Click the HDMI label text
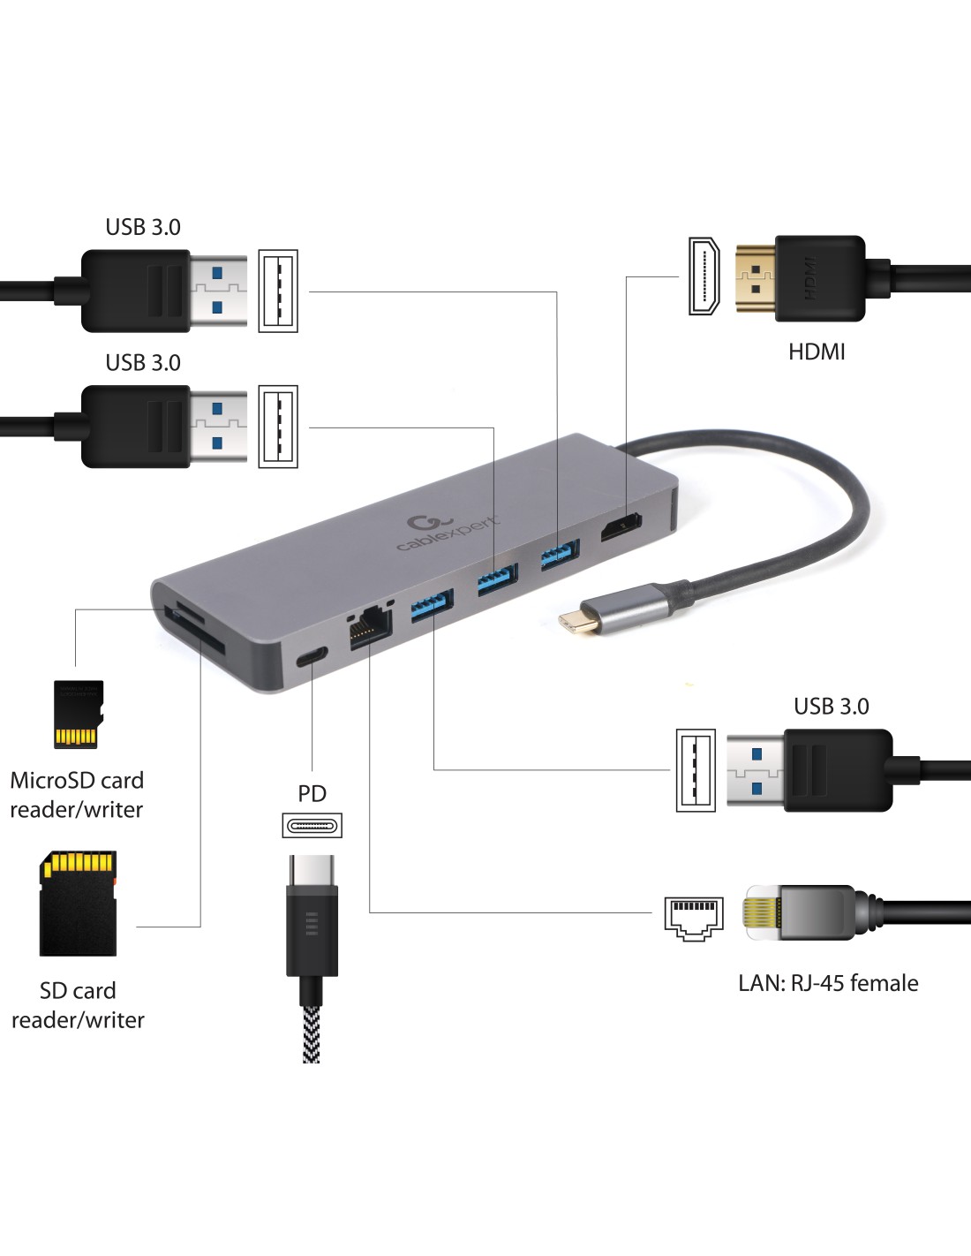point(817,352)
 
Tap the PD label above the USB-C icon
point(312,793)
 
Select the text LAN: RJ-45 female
point(828,983)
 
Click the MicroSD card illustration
point(79,715)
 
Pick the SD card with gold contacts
point(78,903)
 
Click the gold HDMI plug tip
point(755,277)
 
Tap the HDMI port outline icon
point(704,276)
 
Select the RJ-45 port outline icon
point(694,919)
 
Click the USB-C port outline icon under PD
point(312,827)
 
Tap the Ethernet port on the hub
point(370,630)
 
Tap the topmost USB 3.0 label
point(143,227)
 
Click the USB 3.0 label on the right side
point(831,707)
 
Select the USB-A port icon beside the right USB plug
point(696,770)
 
